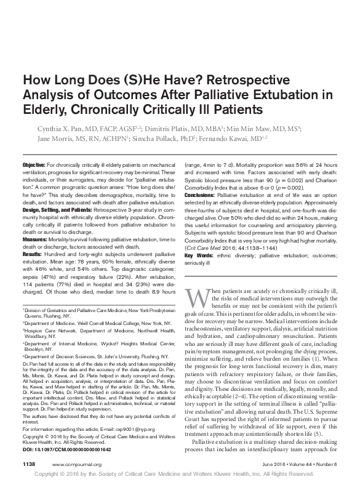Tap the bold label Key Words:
[x=198, y=255]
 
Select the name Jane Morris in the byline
[x=42, y=139]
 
